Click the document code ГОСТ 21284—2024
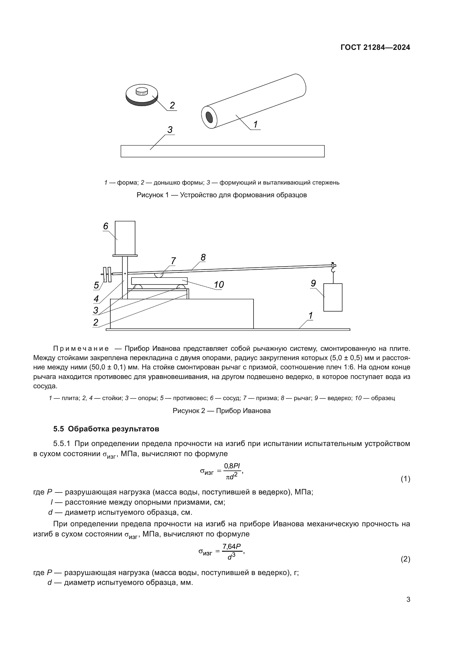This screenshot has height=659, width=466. point(375,48)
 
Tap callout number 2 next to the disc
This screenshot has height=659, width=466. point(172,105)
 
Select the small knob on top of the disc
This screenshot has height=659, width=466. point(141,91)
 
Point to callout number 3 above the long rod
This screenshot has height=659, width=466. point(170,130)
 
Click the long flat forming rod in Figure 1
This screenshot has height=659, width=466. point(222,151)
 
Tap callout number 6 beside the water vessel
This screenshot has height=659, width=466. point(106,227)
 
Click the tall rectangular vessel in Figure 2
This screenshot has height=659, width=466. point(125,238)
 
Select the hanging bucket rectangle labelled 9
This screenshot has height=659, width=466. point(333,297)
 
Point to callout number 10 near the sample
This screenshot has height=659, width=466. point(219,285)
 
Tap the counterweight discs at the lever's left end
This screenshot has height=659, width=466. point(107,274)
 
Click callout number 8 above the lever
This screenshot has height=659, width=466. point(203,258)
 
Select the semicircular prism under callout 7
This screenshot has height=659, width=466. point(159,275)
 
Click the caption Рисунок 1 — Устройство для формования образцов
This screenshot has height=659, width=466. point(221,195)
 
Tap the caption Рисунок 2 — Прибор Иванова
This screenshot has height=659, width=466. point(221,411)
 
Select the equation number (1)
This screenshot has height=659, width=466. point(405,479)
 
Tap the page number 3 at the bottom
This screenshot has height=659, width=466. point(408,600)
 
